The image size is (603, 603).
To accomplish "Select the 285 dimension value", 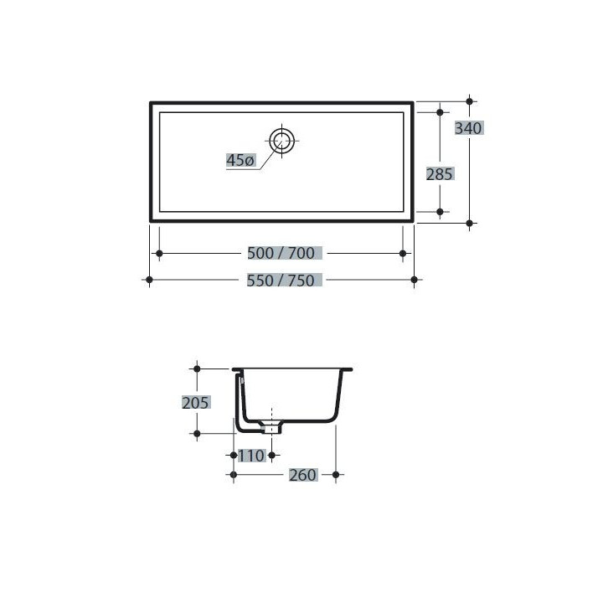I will [x=440, y=174].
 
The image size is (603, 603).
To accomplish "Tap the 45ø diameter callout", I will [x=240, y=160].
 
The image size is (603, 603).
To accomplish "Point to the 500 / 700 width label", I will [x=280, y=253].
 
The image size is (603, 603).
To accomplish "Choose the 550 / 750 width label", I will [x=280, y=281].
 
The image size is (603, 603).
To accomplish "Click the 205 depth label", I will [x=195, y=402].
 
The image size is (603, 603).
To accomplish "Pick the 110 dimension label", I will [x=251, y=456].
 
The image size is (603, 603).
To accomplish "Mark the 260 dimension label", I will [x=302, y=475].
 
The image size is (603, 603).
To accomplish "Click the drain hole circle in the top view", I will [x=281, y=140].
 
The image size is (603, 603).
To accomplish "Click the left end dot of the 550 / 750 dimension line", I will [x=149, y=280].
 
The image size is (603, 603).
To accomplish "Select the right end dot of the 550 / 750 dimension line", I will [x=414, y=280].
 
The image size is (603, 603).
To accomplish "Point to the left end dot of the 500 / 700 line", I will [x=157, y=253].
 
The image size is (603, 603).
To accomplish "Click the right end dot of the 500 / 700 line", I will [x=404, y=253].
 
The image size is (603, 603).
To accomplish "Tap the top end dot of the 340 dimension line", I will [x=469, y=101].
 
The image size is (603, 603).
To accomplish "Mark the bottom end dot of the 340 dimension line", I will [x=469, y=223].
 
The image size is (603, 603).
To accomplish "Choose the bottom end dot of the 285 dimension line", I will [x=440, y=213].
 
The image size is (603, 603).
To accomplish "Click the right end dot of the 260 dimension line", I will [x=336, y=475].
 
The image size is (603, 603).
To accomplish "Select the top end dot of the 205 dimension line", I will [x=197, y=367].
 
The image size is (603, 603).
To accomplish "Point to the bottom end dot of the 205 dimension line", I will [x=197, y=434].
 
